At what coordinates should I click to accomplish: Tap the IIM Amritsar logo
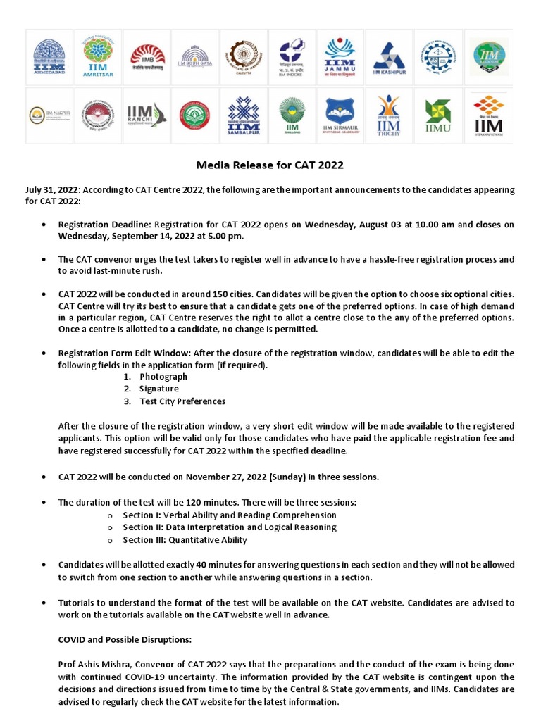[x=97, y=56]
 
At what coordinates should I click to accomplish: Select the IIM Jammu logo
[x=340, y=56]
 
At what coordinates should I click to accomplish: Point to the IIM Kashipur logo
[x=388, y=56]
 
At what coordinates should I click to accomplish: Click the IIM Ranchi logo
[x=146, y=115]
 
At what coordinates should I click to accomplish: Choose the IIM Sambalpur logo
[x=243, y=115]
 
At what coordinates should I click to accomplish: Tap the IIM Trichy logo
[x=388, y=115]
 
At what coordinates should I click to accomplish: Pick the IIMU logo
[x=437, y=115]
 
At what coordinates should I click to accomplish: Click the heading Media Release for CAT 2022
[x=269, y=165]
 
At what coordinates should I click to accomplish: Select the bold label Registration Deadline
[x=105, y=225]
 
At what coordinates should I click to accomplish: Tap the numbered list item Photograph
[x=163, y=377]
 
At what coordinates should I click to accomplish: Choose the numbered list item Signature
[x=158, y=389]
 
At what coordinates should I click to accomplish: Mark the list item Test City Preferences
[x=182, y=401]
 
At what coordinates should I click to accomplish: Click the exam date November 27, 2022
[x=226, y=477]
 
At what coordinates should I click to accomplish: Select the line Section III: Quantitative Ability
[x=185, y=540]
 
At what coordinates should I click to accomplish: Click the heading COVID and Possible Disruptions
[x=124, y=640]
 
